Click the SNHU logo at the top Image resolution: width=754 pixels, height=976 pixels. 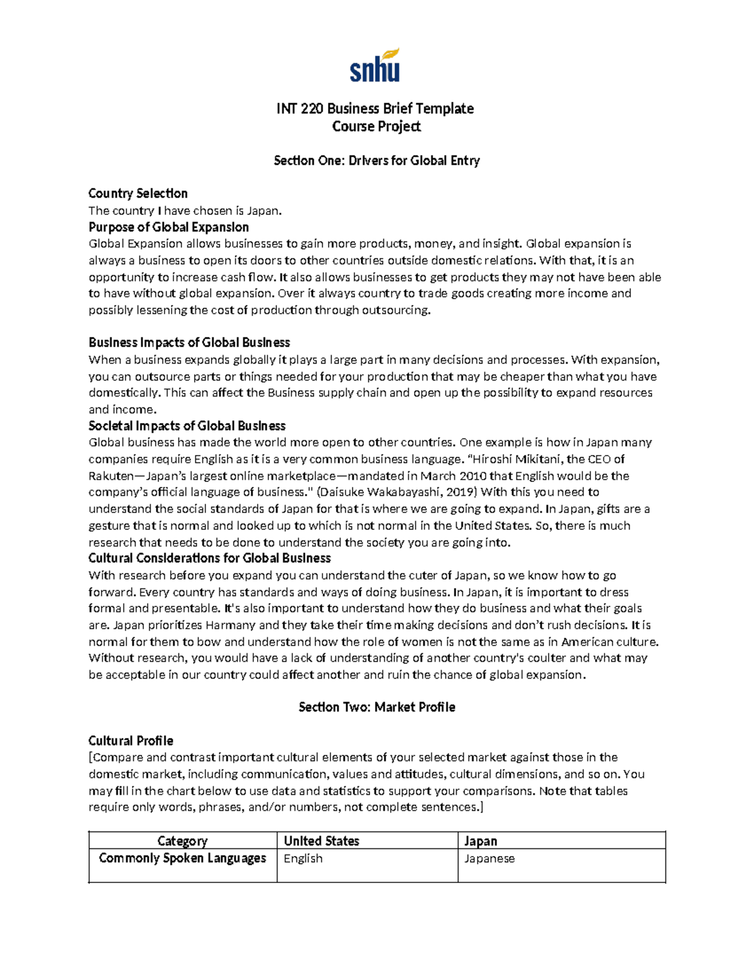click(375, 65)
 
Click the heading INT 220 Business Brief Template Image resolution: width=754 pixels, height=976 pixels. click(375, 109)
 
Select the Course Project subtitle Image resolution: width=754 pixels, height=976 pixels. click(376, 126)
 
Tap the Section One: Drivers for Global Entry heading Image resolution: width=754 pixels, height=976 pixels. click(376, 161)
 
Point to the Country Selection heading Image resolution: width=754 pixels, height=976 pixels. click(138, 194)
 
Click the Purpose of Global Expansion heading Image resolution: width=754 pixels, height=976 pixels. click(168, 227)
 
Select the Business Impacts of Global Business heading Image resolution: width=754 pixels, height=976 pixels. click(189, 343)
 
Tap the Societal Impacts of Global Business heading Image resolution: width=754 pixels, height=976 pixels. click(187, 426)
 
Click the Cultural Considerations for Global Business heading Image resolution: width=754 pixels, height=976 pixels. click(209, 558)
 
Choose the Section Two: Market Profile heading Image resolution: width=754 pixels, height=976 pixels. click(376, 708)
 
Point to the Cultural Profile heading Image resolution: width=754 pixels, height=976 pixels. click(131, 741)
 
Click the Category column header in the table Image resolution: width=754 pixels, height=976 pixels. click(182, 841)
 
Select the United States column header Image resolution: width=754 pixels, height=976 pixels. click(321, 841)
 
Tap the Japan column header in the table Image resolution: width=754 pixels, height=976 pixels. click(481, 841)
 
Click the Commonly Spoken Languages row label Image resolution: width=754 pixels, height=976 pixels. click(182, 858)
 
